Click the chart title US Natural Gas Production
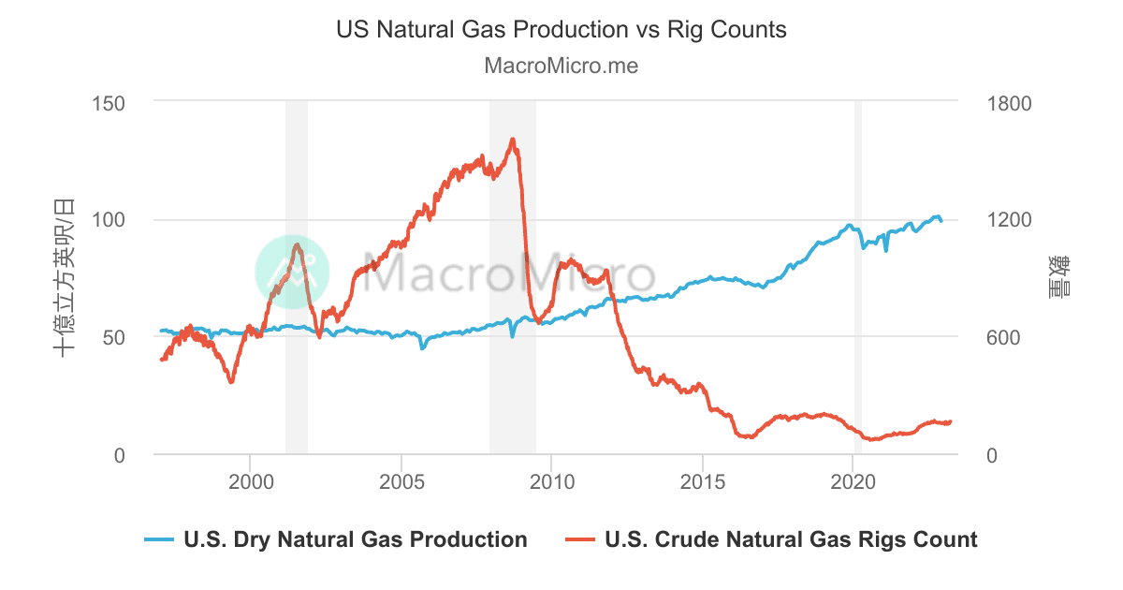pyautogui.click(x=561, y=29)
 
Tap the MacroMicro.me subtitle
pyautogui.click(x=561, y=66)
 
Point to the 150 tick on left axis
pyautogui.click(x=110, y=102)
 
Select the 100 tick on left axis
pyautogui.click(x=110, y=219)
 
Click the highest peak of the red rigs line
pyautogui.click(x=512, y=140)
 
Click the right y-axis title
pyautogui.click(x=1061, y=278)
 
